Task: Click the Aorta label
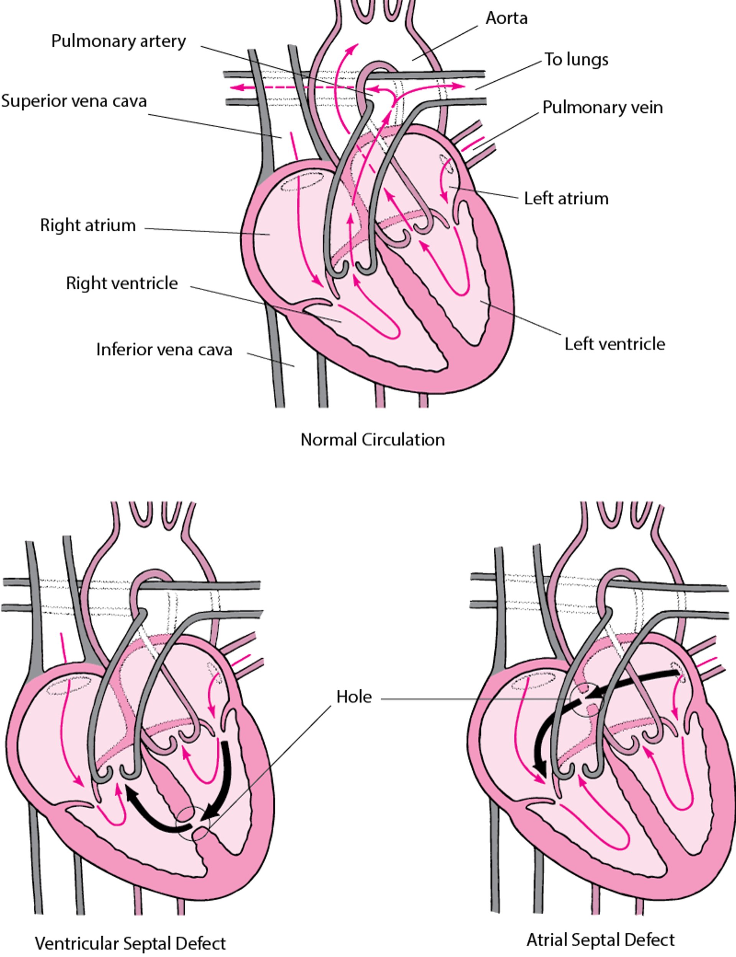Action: (506, 18)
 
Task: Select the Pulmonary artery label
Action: (118, 41)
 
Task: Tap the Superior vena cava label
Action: (74, 101)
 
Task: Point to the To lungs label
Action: (576, 59)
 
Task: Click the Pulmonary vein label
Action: (602, 107)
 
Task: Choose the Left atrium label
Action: (566, 199)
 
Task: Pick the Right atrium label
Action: (88, 225)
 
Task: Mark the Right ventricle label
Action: (122, 283)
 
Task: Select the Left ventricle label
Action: (614, 344)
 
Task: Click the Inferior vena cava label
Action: (164, 350)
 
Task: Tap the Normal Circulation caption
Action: (372, 439)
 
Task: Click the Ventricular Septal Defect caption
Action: (130, 943)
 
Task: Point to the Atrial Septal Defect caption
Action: (600, 939)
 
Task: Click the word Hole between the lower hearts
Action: (354, 697)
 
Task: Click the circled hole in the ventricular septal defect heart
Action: (193, 824)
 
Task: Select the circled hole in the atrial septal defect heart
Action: (587, 700)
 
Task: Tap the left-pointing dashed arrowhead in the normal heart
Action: (237, 88)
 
